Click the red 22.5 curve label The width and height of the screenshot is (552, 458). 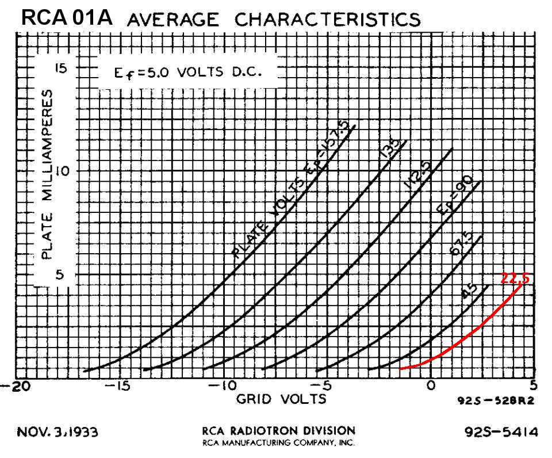tap(515, 278)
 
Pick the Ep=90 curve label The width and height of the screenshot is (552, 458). tap(455, 197)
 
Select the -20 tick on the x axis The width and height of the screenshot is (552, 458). tap(11, 386)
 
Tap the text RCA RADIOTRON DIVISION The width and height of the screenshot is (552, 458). tap(278, 430)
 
